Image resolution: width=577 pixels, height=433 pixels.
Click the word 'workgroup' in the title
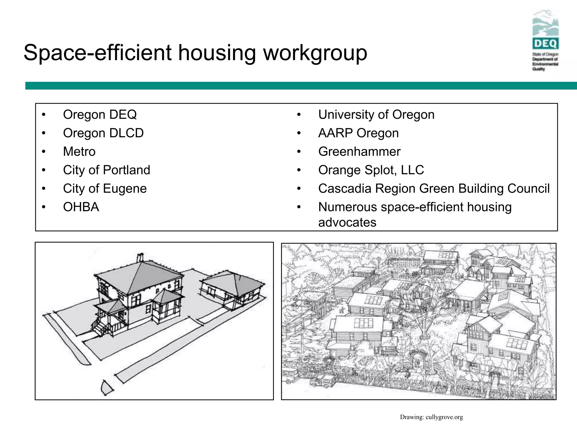pos(315,53)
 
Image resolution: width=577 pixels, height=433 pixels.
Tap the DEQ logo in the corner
pos(545,41)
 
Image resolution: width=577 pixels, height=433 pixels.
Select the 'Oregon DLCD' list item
pos(103,133)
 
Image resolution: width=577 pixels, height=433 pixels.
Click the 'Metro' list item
pos(79,152)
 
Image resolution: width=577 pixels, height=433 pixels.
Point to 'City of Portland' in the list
pos(106,170)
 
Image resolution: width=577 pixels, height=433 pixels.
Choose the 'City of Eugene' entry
pos(105,189)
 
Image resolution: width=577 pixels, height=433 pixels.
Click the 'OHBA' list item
pos(81,207)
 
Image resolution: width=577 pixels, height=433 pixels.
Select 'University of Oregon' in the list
pos(376,115)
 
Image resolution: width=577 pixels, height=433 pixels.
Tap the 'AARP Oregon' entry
pos(358,133)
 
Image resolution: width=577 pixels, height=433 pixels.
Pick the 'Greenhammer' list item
pos(359,152)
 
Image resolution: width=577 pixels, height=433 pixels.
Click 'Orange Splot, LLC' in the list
pos(371,170)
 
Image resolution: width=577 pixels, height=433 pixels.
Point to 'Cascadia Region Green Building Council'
pos(434,189)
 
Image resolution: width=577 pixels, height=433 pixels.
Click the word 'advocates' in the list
pos(347,222)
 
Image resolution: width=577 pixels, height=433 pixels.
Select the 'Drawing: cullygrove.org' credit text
pos(431,417)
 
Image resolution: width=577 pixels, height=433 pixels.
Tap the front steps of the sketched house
pos(101,328)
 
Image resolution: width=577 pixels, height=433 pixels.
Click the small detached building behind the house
pos(232,289)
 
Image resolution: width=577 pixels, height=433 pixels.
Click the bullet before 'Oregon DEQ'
pos(43,115)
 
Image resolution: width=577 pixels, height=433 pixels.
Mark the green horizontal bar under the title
pos(301,86)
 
